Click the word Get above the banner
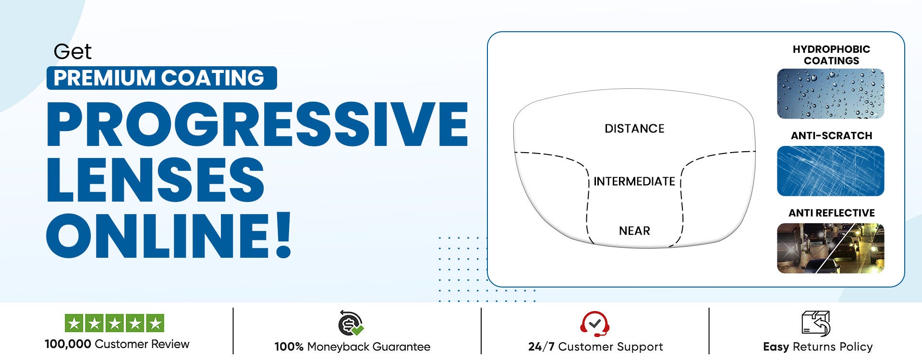pos(73,52)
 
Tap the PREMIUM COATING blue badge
pos(162,78)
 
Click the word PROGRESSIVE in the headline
pos(257,124)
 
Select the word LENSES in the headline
pos(155,180)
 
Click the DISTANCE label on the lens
pos(634,129)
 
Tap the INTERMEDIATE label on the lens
pos(634,181)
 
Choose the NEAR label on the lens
pos(634,231)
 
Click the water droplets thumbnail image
pos(830,94)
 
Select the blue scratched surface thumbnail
pos(830,171)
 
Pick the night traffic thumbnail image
pos(830,248)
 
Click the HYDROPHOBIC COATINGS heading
pos(831,55)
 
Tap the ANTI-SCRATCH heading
pos(831,136)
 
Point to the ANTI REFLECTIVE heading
pos(831,213)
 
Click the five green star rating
pos(114,323)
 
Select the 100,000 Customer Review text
pos(117,344)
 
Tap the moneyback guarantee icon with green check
pos(351,323)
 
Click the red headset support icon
pos(595,324)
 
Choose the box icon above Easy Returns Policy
pos(816,323)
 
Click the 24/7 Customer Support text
pos(595,347)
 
